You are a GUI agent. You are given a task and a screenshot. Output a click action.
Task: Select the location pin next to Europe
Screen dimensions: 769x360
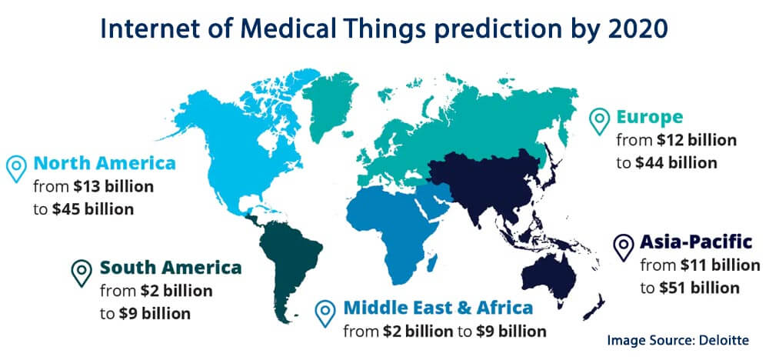(x=599, y=120)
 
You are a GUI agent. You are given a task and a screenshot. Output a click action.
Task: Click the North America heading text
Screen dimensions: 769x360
(x=105, y=163)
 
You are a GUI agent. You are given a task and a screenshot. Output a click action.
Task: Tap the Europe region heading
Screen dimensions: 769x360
(x=649, y=117)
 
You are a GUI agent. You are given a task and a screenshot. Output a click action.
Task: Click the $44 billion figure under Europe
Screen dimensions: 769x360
(x=676, y=162)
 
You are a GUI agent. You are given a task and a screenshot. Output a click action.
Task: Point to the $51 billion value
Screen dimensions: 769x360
(x=699, y=288)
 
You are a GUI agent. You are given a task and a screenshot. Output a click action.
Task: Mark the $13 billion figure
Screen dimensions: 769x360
(x=113, y=186)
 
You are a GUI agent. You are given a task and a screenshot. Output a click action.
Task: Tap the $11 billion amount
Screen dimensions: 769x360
(x=720, y=265)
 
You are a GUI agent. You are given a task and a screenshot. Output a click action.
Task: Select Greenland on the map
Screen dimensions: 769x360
(x=326, y=103)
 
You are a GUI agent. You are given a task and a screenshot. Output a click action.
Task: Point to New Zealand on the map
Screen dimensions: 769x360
(x=596, y=307)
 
